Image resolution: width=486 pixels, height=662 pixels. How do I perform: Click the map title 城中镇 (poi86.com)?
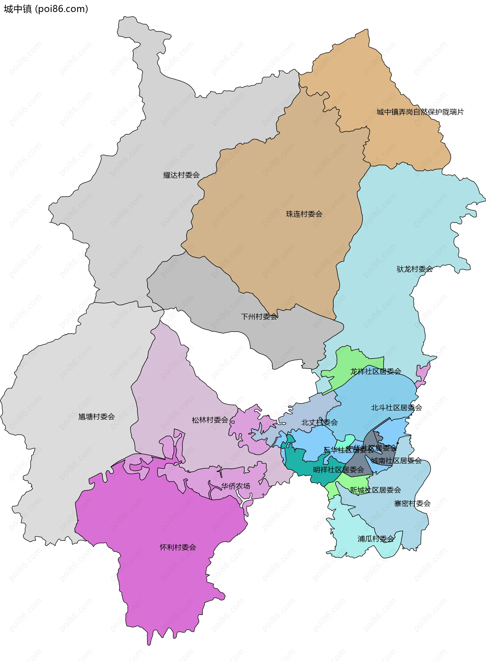pos(46,9)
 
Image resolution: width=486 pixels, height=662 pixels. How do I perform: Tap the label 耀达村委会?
pos(181,175)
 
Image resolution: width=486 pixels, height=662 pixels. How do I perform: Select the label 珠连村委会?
pos(304,214)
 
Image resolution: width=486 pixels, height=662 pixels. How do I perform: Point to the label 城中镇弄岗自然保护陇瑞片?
pos(420,112)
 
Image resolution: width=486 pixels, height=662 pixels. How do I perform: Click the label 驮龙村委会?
pos(415,269)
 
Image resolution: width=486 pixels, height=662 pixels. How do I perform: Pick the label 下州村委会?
pos(259,317)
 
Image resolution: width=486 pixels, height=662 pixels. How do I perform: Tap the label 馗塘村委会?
pos(96,417)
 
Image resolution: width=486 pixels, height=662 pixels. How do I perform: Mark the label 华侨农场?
pos(236,486)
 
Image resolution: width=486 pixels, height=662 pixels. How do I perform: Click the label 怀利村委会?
pos(178,547)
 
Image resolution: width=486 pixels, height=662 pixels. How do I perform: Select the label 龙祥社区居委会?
pos(376,371)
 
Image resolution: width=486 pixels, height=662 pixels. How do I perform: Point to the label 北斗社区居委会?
pos(396,408)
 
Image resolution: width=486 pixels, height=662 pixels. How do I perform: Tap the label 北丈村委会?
pos(319,423)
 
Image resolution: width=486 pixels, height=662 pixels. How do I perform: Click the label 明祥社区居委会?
pos(338,470)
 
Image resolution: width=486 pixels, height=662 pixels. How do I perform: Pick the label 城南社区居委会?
pos(396,461)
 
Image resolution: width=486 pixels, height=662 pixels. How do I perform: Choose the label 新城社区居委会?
pos(375,490)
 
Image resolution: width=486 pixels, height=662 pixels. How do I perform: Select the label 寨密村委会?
pos(412,504)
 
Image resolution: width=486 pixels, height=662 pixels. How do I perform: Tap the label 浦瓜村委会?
pos(376,539)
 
